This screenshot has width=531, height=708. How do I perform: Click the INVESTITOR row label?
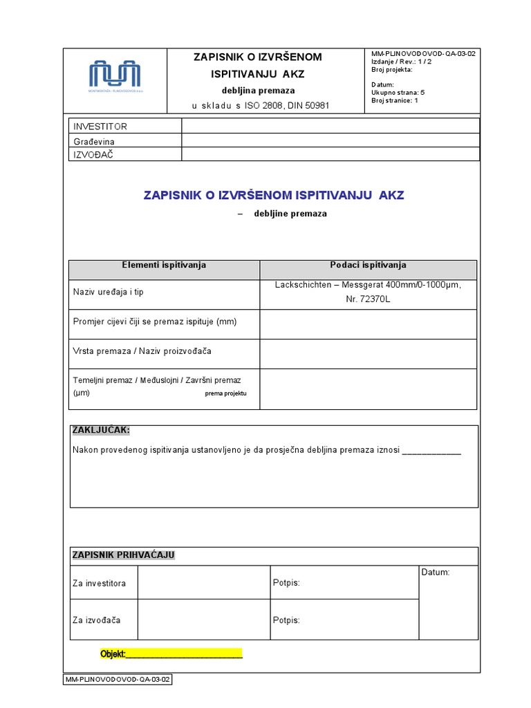tap(100, 127)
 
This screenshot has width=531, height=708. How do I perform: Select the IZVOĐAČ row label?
tap(93, 154)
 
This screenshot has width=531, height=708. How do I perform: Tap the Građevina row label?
tap(94, 141)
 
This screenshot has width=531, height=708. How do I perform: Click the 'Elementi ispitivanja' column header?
tap(164, 265)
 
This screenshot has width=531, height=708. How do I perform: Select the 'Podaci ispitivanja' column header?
tap(368, 265)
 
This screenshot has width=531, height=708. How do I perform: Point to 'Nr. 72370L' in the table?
tap(368, 299)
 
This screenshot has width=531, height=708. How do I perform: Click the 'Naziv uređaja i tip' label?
tap(109, 292)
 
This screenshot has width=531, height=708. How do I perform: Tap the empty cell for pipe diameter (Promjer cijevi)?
tap(368, 324)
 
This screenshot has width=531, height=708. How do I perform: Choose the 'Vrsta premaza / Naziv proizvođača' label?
tap(142, 351)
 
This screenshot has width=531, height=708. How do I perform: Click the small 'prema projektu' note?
tap(225, 393)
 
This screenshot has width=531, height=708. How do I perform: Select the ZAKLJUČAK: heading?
tap(101, 431)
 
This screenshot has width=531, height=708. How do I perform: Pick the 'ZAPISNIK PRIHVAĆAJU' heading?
tap(124, 555)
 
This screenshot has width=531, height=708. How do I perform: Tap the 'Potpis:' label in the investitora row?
tap(287, 584)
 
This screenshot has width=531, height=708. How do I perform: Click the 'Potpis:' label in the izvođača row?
tap(287, 620)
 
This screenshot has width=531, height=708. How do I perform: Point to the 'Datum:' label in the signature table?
tap(435, 572)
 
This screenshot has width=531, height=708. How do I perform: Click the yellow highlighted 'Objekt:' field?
tap(171, 654)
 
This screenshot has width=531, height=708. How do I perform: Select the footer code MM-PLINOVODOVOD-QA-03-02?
tap(118, 680)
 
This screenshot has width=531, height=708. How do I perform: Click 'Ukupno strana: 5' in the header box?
tap(398, 92)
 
